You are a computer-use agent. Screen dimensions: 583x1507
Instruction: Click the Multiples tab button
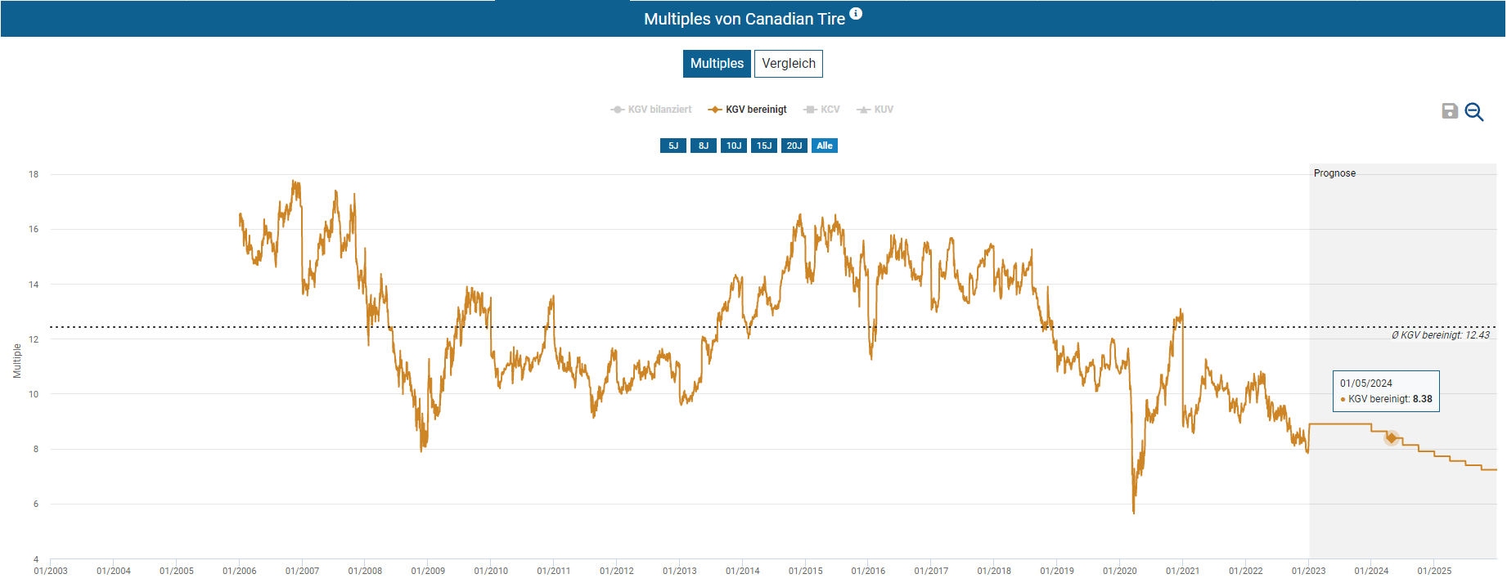(x=717, y=64)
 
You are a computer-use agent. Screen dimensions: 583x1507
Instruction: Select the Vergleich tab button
(x=788, y=64)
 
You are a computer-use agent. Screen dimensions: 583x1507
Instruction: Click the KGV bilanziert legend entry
(x=652, y=110)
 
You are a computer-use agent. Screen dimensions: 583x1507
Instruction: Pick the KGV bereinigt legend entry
(x=749, y=110)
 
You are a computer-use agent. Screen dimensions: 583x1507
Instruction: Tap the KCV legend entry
(x=822, y=110)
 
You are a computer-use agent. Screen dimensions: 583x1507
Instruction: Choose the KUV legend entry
(x=875, y=110)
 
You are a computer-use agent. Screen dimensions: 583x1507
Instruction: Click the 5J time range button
(x=673, y=146)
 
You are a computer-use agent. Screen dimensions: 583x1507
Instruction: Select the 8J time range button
(x=703, y=146)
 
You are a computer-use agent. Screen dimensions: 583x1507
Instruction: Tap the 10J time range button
(x=733, y=146)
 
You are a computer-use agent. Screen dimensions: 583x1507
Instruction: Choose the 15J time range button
(x=763, y=146)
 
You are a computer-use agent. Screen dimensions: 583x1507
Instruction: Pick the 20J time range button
(x=794, y=146)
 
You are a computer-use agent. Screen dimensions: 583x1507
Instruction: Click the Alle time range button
(x=824, y=146)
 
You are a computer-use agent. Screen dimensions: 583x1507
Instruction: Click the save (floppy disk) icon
(x=1449, y=111)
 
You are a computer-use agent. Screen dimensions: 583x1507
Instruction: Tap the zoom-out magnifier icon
(x=1473, y=111)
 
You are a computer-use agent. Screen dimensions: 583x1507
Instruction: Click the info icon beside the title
(x=856, y=13)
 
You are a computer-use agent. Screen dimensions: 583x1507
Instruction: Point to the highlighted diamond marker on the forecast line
(x=1391, y=437)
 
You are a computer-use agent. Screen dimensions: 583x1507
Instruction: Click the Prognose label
(x=1334, y=173)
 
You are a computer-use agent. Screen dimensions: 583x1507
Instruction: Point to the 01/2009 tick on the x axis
(x=428, y=571)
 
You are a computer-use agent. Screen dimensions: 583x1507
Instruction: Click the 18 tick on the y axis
(x=34, y=174)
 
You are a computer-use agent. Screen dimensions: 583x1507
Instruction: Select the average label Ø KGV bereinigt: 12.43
(x=1440, y=335)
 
